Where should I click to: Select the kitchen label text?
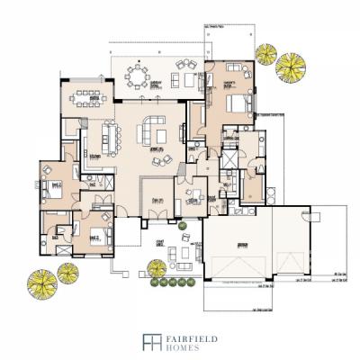click(x=94, y=154)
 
